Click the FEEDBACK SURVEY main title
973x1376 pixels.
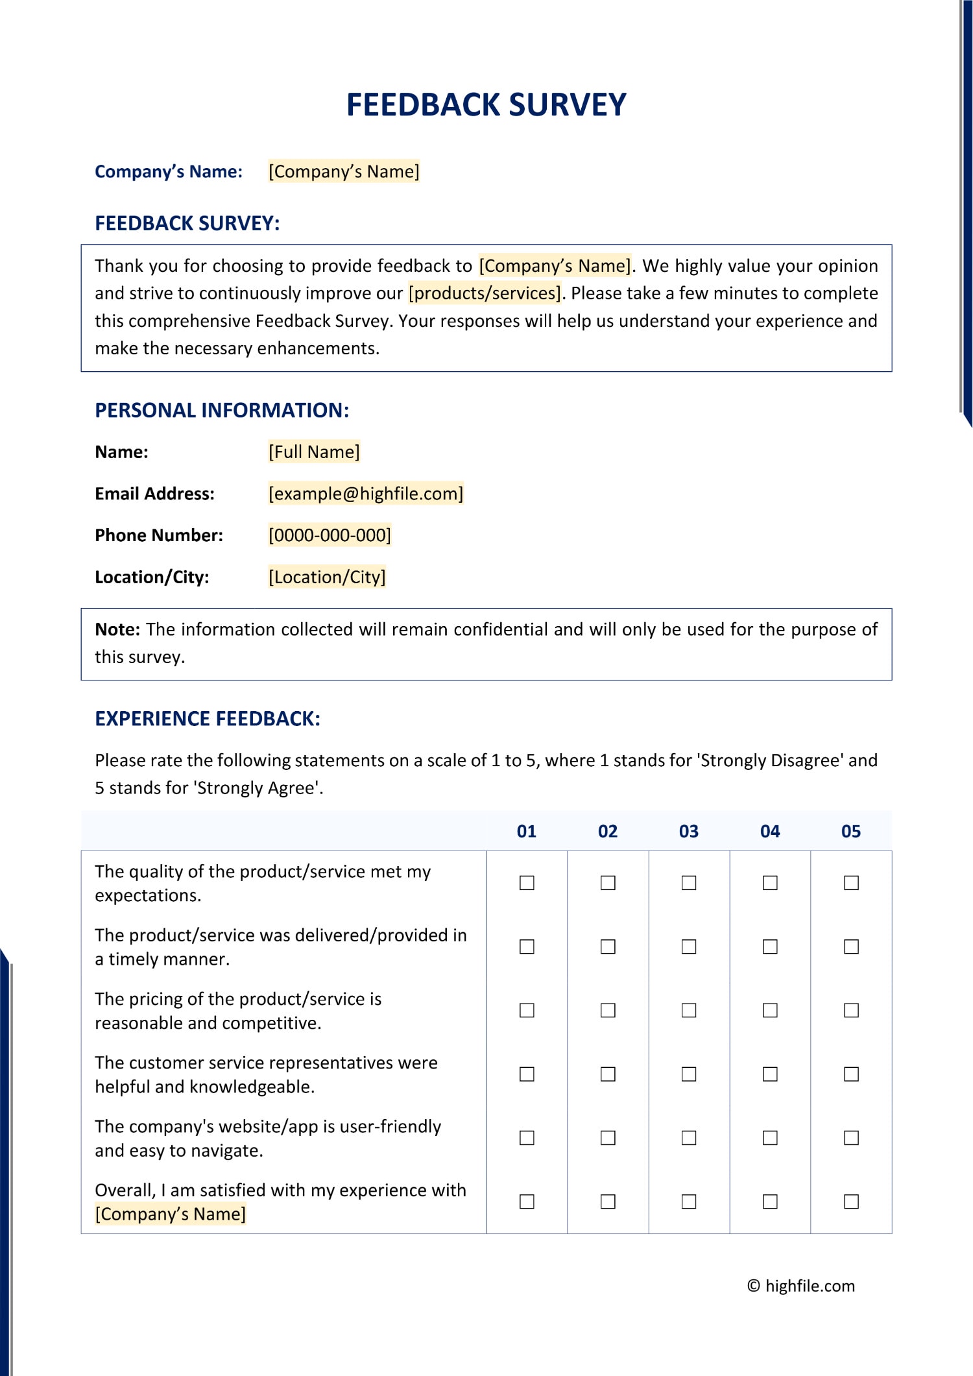tap(486, 105)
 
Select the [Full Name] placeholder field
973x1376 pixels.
tap(314, 452)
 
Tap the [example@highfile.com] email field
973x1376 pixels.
tap(366, 494)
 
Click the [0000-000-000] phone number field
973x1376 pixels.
tap(330, 535)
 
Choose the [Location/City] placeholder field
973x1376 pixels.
tap(327, 577)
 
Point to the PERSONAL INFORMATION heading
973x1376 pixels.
tap(222, 410)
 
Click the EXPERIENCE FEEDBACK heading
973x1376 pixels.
tap(208, 719)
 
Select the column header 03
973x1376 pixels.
tap(688, 831)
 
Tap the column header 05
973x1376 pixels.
tap(850, 831)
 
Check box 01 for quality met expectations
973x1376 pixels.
tap(527, 883)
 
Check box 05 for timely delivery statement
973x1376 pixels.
tap(851, 947)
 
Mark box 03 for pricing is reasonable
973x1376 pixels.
tap(689, 1010)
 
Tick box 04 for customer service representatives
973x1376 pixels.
tap(770, 1074)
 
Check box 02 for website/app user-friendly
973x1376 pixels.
tap(608, 1138)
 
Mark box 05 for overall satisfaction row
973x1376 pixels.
tap(851, 1201)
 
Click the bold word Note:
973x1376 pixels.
tap(117, 629)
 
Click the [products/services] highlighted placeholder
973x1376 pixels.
tap(485, 293)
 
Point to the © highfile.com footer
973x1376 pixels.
tap(801, 1286)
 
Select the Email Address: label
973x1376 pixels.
tap(154, 494)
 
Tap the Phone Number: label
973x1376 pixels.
tap(159, 535)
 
